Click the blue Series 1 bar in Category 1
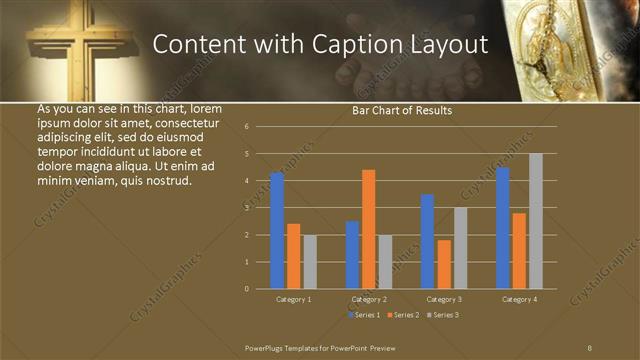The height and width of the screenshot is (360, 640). point(277,230)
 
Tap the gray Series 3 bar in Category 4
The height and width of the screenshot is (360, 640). point(536,221)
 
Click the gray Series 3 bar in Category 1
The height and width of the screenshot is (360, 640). point(310,261)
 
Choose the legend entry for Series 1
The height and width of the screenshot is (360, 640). point(364,315)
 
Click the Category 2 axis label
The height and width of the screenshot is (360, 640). point(369,299)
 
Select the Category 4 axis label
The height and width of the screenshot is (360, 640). point(519,299)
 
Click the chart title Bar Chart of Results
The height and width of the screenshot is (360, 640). point(402,111)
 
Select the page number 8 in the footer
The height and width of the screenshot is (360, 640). point(589,347)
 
